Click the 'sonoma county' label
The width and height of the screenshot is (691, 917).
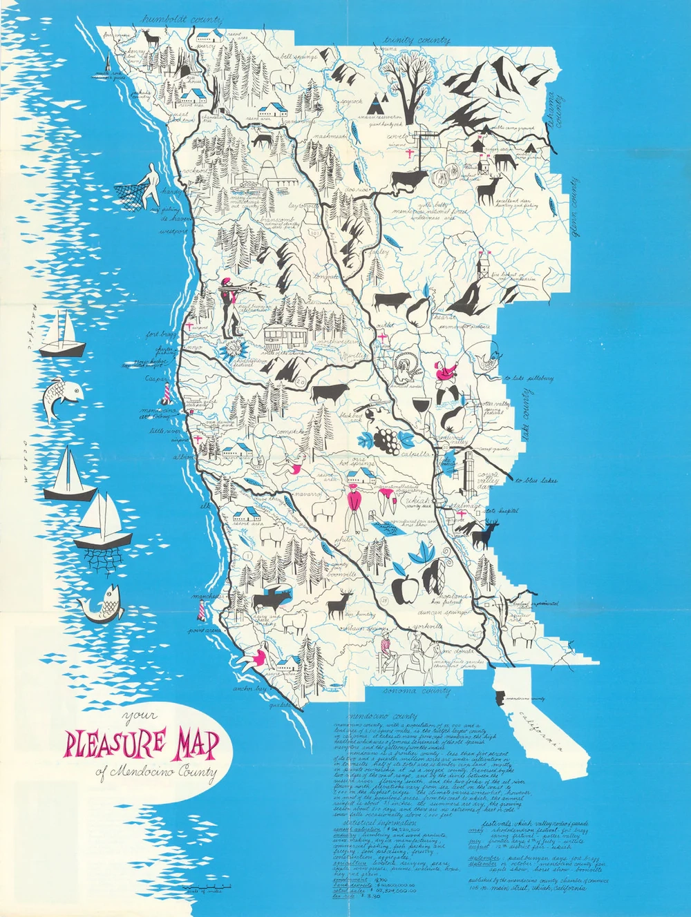(410, 691)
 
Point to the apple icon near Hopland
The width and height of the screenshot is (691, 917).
(404, 588)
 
